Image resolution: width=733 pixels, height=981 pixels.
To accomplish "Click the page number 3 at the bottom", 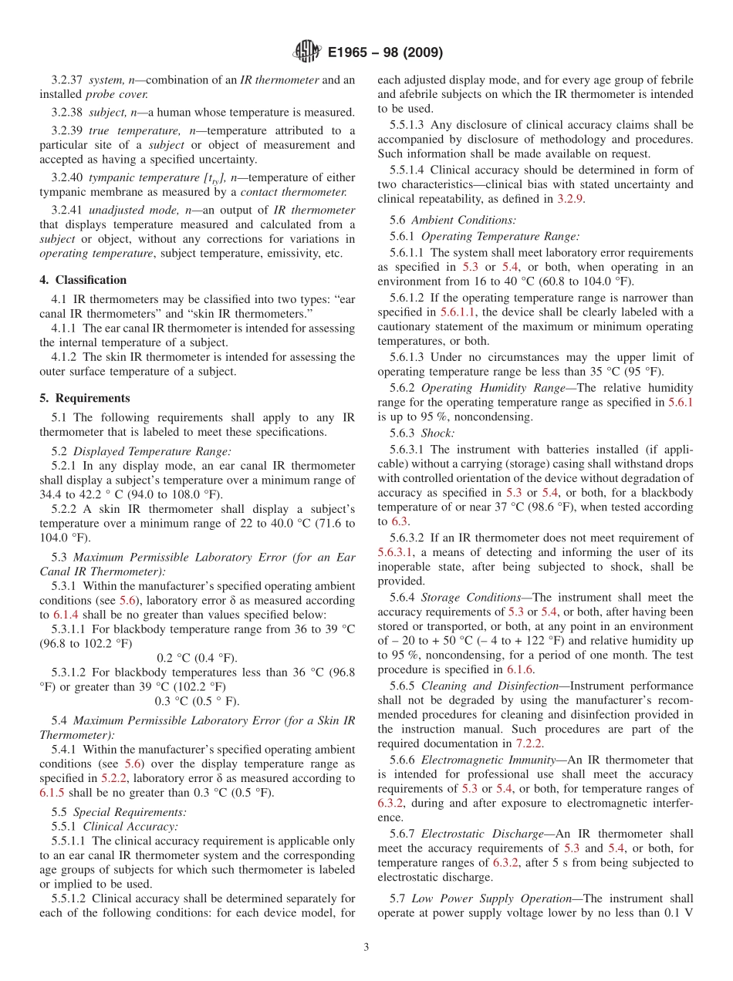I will tap(366, 948).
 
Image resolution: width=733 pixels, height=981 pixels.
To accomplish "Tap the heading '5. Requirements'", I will tap(85, 399).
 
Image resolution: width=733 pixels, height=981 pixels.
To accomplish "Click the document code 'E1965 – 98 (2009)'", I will tap(385, 53).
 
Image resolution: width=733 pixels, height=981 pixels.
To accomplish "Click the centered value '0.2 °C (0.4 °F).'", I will tap(197, 658).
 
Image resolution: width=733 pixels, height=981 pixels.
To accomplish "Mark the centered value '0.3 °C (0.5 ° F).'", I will tap(197, 701).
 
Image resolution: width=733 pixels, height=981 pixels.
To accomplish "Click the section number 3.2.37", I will tap(67, 80).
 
